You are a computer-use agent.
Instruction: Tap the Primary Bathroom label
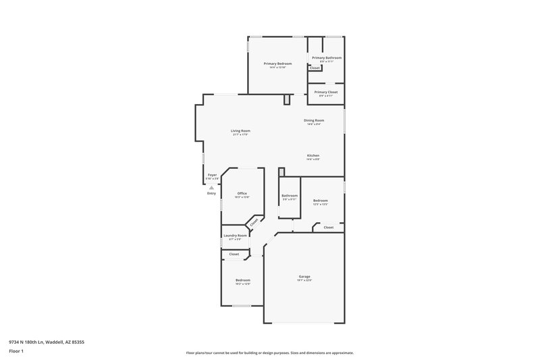[x=327, y=58]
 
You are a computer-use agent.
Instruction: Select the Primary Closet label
[x=326, y=92]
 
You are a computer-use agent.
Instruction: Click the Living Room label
[x=240, y=130]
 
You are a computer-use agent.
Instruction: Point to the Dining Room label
[x=314, y=120]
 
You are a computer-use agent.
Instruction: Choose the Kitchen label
[x=313, y=155]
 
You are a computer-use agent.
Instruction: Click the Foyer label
[x=212, y=175]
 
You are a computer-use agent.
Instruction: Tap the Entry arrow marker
[x=211, y=188]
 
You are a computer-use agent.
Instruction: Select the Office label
[x=242, y=194]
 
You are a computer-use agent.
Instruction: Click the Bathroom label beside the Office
[x=290, y=196]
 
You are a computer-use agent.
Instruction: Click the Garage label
[x=304, y=276]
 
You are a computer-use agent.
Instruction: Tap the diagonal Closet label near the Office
[x=254, y=222]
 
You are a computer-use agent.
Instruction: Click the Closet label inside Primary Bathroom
[x=315, y=68]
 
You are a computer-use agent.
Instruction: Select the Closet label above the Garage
[x=328, y=228]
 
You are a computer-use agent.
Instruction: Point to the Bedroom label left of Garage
[x=242, y=280]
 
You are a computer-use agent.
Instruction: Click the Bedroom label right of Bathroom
[x=320, y=201]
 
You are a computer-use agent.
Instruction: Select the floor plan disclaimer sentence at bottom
[x=269, y=353]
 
